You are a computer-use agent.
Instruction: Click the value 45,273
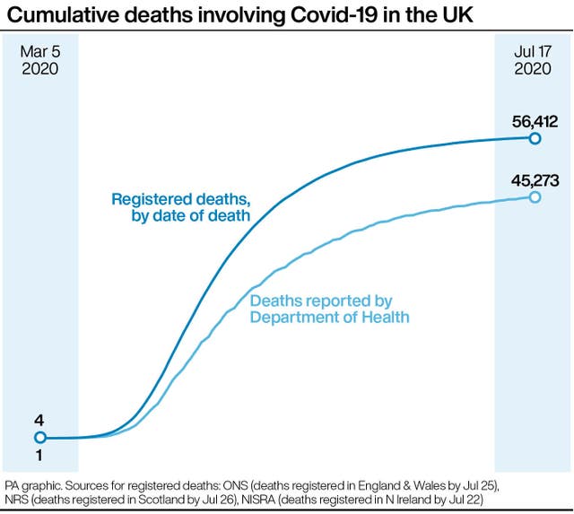[535, 180]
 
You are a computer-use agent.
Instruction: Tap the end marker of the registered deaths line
[535, 138]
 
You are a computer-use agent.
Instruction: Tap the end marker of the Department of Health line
[535, 196]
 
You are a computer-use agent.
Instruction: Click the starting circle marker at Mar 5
[39, 438]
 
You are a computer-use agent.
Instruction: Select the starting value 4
[39, 419]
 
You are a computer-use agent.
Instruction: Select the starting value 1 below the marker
[39, 457]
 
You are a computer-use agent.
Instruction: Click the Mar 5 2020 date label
[39, 59]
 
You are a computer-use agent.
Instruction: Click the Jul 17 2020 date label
[534, 59]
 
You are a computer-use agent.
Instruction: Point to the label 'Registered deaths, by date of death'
[180, 206]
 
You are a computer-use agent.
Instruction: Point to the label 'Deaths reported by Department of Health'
[329, 308]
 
